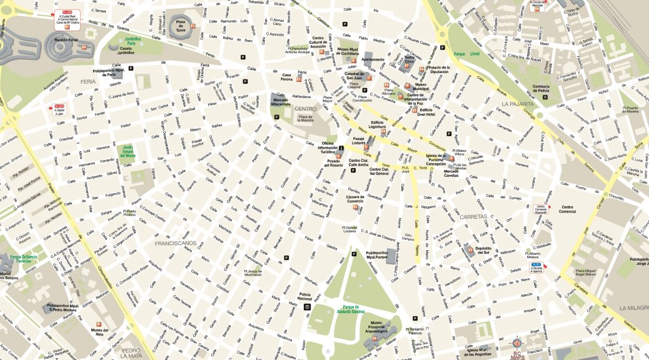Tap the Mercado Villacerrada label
[281, 102]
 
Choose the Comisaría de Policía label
[540, 89]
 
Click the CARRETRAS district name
[473, 216]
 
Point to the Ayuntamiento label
[373, 59]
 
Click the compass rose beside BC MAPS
[516, 344]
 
